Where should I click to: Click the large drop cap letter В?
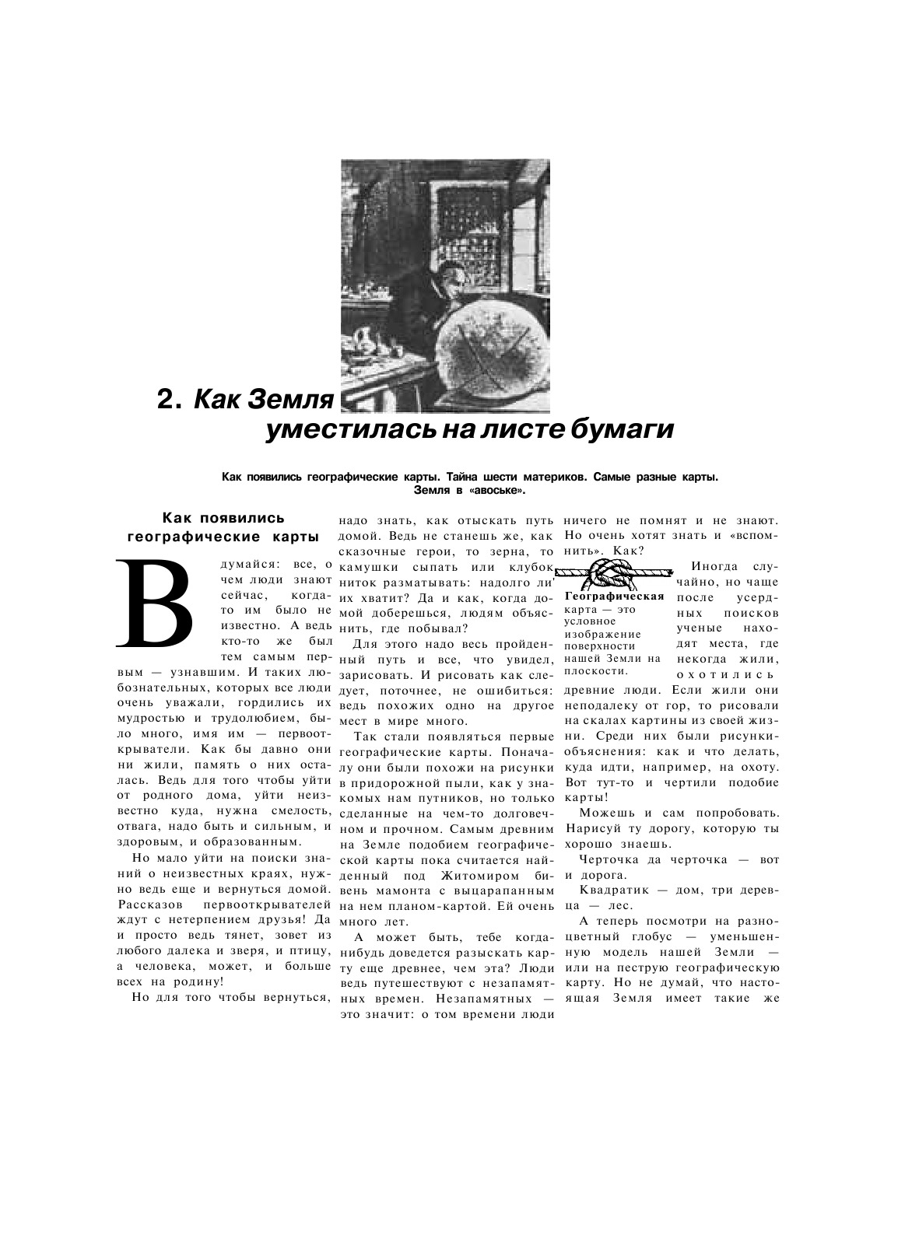click(154, 602)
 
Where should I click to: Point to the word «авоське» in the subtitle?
click(500, 491)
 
